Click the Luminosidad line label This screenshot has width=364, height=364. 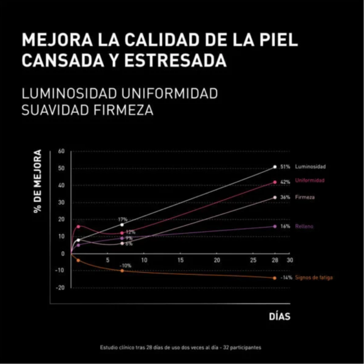pos(311,166)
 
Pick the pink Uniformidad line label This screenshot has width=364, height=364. pos(310,181)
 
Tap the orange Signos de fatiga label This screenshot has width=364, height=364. pos(314,278)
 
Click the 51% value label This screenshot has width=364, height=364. pos(286,166)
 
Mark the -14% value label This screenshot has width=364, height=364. pos(286,278)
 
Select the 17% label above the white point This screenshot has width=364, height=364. pos(123,219)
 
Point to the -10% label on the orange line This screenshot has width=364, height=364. pos(126,266)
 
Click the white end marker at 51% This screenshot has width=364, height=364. pos(275,166)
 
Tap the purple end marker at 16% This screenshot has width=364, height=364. pos(275,226)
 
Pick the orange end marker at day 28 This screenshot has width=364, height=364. pos(275,278)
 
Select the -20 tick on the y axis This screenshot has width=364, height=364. pos(60,288)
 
